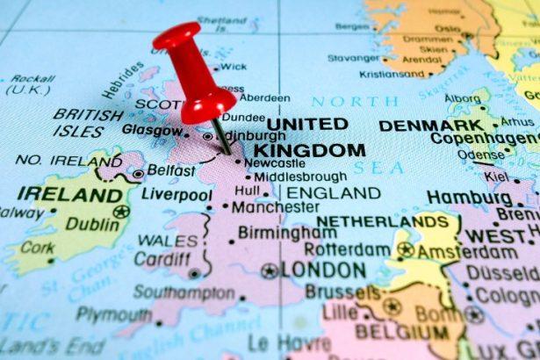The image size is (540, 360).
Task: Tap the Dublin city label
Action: coord(91,225)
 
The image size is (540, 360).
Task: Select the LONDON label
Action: coord(323,270)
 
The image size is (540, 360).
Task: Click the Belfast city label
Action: coord(170,170)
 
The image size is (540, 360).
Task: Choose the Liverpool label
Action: coord(177,194)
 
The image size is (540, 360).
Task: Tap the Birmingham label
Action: coord(286,233)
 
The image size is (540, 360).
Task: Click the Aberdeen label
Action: coord(264,97)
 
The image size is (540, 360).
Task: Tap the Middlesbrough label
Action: coord(300,176)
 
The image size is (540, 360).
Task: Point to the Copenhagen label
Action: coord(485,140)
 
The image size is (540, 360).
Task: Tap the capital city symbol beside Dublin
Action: coord(120,212)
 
